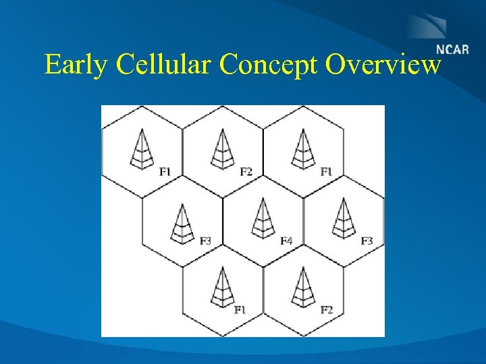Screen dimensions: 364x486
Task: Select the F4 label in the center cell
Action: pos(286,241)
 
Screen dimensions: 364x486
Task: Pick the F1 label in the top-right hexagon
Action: pos(326,172)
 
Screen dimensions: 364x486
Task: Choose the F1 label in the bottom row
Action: pos(240,309)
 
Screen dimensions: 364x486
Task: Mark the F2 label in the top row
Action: pos(246,172)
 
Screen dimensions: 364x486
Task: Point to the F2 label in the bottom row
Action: pos(326,309)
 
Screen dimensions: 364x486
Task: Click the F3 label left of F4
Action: pos(206,241)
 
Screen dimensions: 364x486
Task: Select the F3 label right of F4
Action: pos(367,241)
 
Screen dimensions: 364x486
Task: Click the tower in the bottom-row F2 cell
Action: pos(302,287)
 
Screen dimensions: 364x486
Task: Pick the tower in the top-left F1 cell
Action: pos(141,149)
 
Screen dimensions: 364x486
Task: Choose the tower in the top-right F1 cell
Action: pos(302,149)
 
